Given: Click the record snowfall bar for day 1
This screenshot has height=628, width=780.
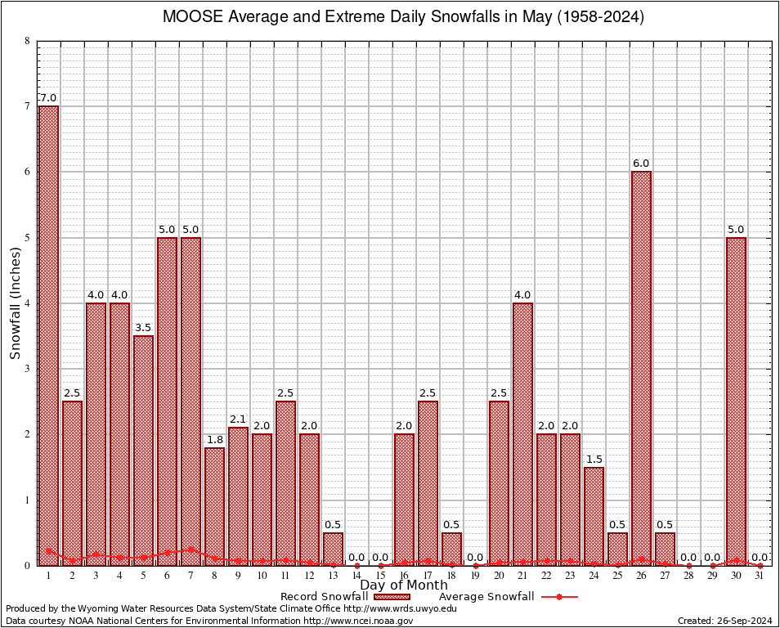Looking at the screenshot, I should [48, 335].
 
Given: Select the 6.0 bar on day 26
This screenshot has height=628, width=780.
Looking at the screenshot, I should [642, 368].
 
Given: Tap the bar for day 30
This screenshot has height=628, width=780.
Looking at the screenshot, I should [737, 401].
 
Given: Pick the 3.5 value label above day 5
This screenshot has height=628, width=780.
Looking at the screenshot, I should [143, 327].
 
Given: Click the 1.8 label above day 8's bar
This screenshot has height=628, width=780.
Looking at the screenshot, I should [214, 439].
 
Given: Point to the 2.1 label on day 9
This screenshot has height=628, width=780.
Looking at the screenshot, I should [238, 419].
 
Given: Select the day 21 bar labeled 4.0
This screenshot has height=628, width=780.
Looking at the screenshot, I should [523, 433].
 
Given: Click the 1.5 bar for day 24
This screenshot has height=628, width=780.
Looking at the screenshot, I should [594, 515].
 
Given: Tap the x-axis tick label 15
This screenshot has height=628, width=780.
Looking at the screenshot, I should [380, 576].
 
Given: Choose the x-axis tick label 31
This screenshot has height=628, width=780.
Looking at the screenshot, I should [760, 576].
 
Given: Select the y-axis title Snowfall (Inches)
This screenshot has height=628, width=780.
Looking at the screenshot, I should [16, 303].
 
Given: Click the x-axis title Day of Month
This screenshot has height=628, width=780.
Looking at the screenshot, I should [404, 585].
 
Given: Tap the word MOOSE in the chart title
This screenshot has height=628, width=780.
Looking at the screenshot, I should [189, 17].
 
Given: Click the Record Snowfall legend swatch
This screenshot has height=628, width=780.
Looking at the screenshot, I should [394, 597].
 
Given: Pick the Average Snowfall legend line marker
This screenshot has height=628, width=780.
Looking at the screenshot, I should [558, 597].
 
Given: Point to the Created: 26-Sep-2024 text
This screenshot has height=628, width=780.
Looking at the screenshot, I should [725, 621].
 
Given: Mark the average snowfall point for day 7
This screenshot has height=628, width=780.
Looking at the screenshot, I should [191, 549].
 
